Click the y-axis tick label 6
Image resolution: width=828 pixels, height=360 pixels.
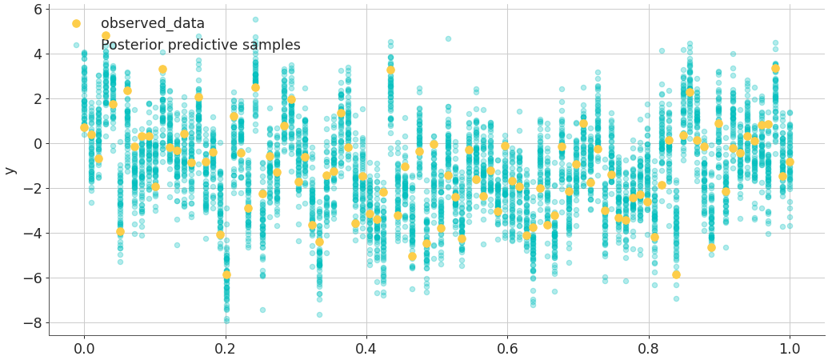pyautogui.click(x=37, y=10)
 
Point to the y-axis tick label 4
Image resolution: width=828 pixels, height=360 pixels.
pyautogui.click(x=37, y=54)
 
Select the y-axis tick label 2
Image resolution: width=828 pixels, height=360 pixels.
pyautogui.click(x=37, y=99)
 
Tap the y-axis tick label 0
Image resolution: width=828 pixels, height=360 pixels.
pyautogui.click(x=37, y=144)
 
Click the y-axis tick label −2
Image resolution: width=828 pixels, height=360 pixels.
pyautogui.click(x=34, y=189)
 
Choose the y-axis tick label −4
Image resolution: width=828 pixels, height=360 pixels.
pyautogui.click(x=34, y=234)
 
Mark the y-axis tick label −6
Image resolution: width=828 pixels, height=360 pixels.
pyautogui.click(x=34, y=278)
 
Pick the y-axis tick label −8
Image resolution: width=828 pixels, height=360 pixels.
pyautogui.click(x=34, y=323)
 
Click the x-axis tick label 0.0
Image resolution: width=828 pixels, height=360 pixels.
pyautogui.click(x=84, y=349)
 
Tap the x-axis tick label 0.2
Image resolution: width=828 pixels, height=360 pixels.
pyautogui.click(x=225, y=349)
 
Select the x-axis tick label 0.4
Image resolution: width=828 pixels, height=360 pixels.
pyautogui.click(x=366, y=349)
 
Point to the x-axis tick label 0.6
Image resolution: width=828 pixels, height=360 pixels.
pyautogui.click(x=507, y=349)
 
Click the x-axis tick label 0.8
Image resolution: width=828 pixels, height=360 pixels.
pyautogui.click(x=649, y=349)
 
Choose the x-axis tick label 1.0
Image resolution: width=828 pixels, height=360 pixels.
pyautogui.click(x=790, y=349)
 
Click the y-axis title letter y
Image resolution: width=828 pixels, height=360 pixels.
pyautogui.click(x=10, y=170)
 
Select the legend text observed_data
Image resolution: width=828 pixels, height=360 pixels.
pyautogui.click(x=153, y=24)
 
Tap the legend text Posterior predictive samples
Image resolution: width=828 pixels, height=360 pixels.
pyautogui.click(x=201, y=46)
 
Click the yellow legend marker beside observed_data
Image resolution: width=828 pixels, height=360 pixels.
pyautogui.click(x=76, y=24)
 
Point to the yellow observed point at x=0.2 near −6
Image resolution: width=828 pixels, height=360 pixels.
pyautogui.click(x=226, y=274)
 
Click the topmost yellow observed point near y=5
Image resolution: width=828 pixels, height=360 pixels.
pyautogui.click(x=106, y=36)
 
